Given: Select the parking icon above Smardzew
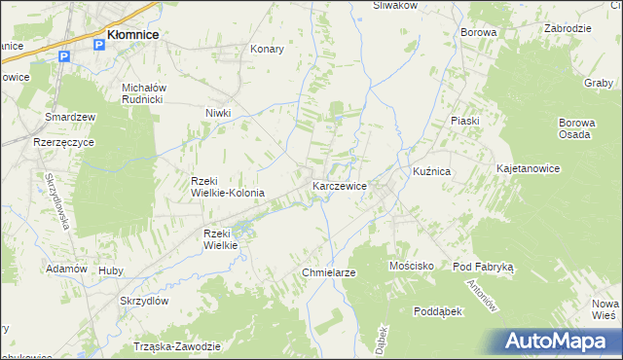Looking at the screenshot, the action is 65,57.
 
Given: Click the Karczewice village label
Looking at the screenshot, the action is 339,186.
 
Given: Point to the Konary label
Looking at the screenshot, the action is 267,49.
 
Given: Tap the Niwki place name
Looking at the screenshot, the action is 217,113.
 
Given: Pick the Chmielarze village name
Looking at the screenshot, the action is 329,272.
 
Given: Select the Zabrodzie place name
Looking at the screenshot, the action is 568,28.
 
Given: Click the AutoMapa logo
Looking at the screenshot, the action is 558,341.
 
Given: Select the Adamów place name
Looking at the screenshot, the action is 67,269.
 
